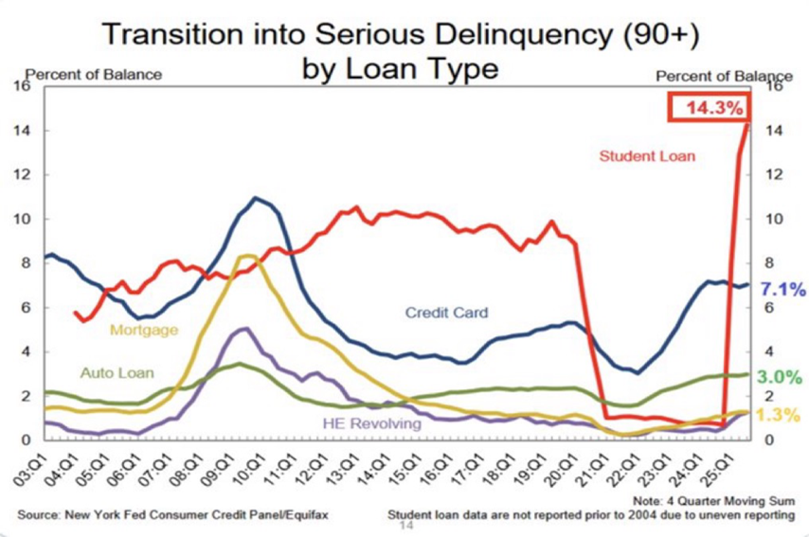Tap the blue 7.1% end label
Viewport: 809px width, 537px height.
click(782, 290)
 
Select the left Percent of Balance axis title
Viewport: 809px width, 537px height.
click(93, 74)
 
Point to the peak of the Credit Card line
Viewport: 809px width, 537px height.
click(255, 198)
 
